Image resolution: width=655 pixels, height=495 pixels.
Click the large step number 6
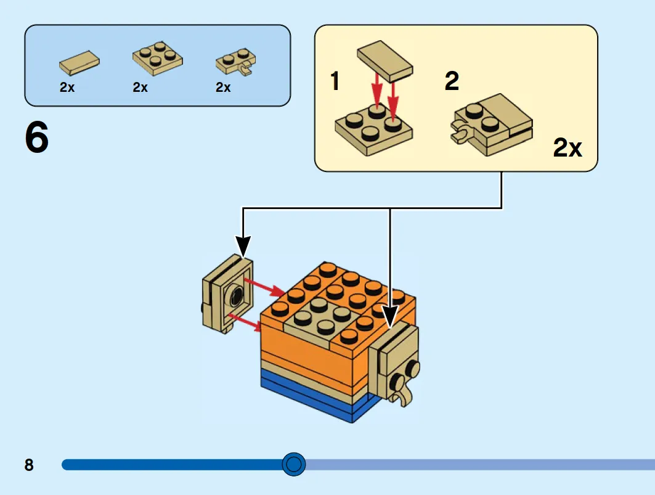click(37, 137)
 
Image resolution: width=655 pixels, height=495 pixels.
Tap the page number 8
click(29, 465)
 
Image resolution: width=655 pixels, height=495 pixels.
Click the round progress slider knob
click(294, 464)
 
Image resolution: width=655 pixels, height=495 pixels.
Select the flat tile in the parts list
click(79, 63)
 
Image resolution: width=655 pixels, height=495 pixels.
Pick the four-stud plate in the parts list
click(158, 58)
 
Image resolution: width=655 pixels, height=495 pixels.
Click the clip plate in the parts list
click(236, 62)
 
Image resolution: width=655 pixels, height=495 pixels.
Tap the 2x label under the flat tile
click(67, 87)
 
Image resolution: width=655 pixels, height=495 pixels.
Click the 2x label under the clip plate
click(224, 87)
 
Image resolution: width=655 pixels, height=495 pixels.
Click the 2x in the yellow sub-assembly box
click(568, 147)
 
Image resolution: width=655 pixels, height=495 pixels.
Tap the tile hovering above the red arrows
click(384, 61)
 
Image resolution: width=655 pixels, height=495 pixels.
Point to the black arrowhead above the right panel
click(390, 316)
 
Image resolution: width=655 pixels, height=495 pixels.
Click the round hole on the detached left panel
click(237, 296)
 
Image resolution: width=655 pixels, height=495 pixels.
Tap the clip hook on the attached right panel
click(402, 391)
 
